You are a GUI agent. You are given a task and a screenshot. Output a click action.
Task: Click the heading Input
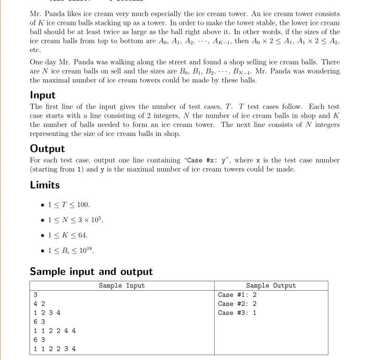click(x=43, y=95)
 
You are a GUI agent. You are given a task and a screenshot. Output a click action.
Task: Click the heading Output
click(x=47, y=149)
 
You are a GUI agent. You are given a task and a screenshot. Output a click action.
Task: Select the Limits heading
click(x=45, y=185)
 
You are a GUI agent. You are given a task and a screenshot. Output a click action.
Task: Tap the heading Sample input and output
click(x=91, y=271)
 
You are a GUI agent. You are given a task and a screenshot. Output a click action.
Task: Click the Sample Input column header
click(x=122, y=285)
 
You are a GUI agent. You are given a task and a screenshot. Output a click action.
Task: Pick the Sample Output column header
click(x=271, y=285)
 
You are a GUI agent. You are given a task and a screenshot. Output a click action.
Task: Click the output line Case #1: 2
click(x=238, y=295)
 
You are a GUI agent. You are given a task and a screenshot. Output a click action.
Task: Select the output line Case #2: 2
click(x=238, y=304)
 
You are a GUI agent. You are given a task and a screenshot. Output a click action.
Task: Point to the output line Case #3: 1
click(x=238, y=313)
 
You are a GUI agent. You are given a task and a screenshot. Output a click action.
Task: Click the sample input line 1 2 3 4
click(x=47, y=313)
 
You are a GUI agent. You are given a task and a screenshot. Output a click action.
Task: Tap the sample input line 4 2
click(x=39, y=304)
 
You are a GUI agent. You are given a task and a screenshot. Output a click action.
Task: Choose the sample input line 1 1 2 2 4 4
click(x=55, y=330)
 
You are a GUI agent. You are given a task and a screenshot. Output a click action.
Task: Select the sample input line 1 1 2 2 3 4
click(x=55, y=349)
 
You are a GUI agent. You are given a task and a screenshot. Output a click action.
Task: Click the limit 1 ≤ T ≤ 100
click(x=68, y=205)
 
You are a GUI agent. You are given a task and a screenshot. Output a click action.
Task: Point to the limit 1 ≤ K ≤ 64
click(x=67, y=235)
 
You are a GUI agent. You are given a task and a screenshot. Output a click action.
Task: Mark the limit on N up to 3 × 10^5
click(x=75, y=220)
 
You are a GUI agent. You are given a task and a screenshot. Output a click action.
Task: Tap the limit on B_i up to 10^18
click(x=71, y=250)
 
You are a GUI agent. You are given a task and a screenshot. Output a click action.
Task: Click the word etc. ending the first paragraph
click(x=35, y=50)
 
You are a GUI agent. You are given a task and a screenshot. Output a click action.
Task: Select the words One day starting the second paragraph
click(x=43, y=62)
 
